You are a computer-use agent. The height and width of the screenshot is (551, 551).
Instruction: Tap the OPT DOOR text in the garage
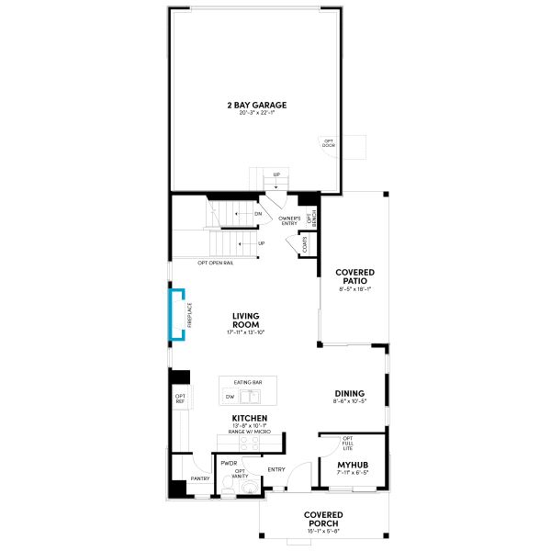click(328, 143)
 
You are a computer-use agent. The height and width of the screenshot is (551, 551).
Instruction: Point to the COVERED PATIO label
click(354, 276)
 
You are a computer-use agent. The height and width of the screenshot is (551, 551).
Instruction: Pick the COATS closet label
click(302, 244)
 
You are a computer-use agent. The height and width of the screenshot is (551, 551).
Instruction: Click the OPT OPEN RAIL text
click(216, 263)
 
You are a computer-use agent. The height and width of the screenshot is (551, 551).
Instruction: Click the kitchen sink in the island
click(251, 397)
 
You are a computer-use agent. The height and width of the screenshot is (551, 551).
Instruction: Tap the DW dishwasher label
click(230, 397)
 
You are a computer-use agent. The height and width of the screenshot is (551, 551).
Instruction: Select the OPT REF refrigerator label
click(180, 399)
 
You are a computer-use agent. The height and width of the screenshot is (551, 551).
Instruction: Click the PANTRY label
click(199, 478)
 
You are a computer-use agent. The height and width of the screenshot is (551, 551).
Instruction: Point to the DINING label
click(349, 392)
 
